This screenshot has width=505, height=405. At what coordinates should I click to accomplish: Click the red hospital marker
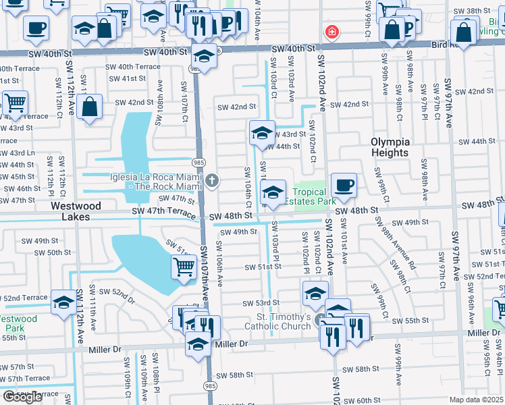(331, 31)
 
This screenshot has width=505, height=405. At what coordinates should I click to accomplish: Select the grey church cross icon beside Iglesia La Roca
(212, 180)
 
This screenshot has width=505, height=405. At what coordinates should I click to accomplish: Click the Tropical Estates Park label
(310, 196)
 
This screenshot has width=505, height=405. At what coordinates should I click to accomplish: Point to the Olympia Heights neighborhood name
(390, 147)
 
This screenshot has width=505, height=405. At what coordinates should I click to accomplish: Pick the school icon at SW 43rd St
(262, 133)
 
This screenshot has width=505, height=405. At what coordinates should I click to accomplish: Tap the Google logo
(22, 397)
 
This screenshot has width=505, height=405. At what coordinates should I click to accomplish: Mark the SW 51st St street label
(263, 267)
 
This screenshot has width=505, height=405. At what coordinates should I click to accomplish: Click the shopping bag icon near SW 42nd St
(89, 107)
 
